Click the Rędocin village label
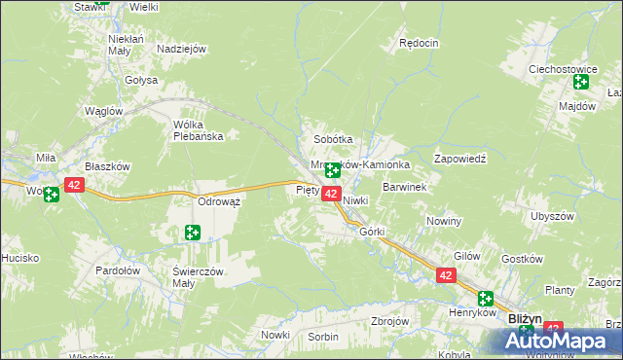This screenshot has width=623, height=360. pos(420,44)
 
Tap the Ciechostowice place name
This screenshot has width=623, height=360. pos(562,70)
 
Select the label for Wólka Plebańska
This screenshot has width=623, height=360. pos(198,130)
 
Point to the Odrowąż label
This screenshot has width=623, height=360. pos(219,200)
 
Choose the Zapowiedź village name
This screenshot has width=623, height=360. pos(459,158)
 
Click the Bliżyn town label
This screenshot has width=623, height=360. pos(525,318)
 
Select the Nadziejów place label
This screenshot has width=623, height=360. pos(182,49)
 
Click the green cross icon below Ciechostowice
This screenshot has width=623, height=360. pos(580,83)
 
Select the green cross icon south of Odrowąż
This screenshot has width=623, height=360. pos(193,232)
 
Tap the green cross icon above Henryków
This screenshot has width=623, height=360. pos(485,300)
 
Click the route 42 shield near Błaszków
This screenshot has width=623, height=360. pos(75,184)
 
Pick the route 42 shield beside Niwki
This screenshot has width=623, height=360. pos(330,195)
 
